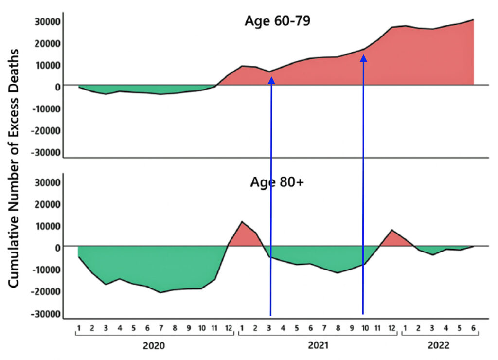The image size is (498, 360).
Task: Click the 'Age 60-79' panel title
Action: (x=277, y=21)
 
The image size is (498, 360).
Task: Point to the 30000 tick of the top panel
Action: (x=47, y=22)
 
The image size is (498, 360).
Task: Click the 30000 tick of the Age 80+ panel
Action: (x=47, y=183)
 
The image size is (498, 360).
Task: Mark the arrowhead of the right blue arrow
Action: (x=363, y=58)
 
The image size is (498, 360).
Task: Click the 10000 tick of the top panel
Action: (x=47, y=65)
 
